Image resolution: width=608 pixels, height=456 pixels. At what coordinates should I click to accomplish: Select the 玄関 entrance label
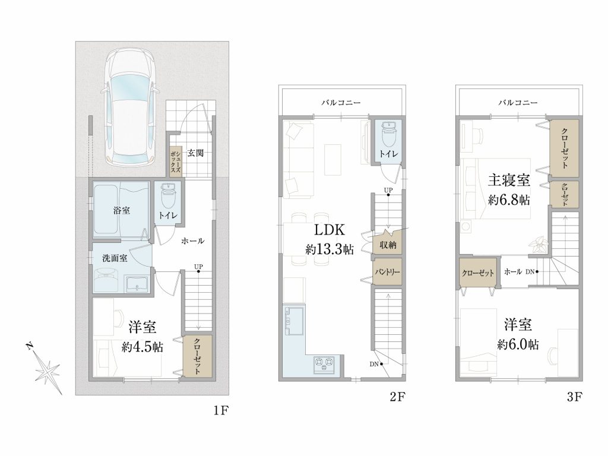tap(195, 153)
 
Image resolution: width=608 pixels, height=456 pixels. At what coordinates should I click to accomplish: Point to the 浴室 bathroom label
tap(122, 211)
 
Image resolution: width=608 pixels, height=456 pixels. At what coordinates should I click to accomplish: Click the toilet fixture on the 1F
tap(168, 196)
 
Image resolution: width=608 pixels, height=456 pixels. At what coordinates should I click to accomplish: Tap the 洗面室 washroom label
tap(115, 258)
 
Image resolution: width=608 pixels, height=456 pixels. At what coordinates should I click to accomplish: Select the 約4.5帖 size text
tap(142, 347)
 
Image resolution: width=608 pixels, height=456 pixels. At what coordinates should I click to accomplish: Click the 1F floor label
tap(222, 410)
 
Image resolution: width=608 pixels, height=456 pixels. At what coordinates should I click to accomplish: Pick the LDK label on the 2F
tap(329, 230)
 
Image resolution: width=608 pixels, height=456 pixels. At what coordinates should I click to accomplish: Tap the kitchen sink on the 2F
tap(295, 321)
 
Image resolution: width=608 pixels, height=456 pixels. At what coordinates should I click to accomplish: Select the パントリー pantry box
tap(387, 272)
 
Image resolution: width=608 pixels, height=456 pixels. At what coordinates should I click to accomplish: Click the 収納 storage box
tap(387, 243)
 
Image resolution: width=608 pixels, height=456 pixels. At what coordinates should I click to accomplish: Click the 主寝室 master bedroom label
tap(509, 180)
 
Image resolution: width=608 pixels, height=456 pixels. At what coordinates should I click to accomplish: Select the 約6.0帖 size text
tap(518, 344)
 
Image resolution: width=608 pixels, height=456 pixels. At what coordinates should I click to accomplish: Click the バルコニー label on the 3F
tap(518, 103)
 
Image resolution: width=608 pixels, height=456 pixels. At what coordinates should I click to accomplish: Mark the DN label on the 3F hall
tap(530, 272)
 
